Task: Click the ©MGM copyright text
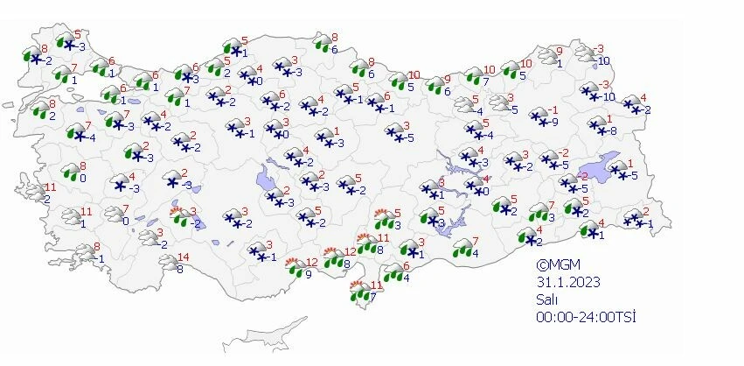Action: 558,264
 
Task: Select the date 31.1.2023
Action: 568,281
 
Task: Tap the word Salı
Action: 547,299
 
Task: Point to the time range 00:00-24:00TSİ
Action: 585,315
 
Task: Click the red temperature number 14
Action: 183,257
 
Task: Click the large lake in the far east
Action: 606,164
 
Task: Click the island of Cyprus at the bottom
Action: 261,337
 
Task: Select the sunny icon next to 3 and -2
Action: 180,216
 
